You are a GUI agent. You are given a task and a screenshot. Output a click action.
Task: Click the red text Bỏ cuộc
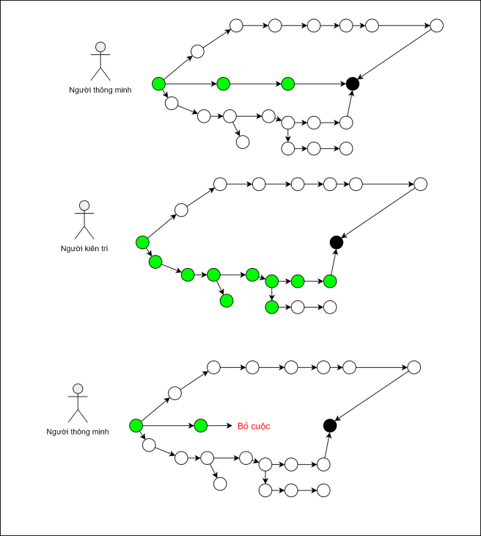pos(254,425)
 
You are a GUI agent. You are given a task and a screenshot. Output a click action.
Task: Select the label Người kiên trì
pos(84,249)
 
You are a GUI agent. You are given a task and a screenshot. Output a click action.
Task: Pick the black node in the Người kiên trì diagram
pos(336,242)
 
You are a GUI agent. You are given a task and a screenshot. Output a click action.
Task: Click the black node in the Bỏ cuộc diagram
pos(330,425)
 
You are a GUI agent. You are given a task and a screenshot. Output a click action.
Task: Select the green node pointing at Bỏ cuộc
pos(201,425)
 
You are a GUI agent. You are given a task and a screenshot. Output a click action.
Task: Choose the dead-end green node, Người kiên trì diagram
pos(227,300)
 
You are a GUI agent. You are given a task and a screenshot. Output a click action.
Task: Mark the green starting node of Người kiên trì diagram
pos(142,242)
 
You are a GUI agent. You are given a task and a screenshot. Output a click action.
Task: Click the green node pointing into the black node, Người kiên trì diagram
pos(330,280)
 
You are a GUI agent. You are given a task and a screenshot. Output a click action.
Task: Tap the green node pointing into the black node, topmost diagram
pos(287,84)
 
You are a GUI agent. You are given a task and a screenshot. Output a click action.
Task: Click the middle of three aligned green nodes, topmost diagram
pos(223,84)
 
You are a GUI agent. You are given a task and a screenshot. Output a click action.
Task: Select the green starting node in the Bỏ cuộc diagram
pos(136,425)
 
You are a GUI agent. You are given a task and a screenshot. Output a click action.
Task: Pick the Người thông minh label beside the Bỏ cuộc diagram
pos(78,432)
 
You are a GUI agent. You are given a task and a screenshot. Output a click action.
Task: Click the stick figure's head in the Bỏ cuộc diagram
pos(78,389)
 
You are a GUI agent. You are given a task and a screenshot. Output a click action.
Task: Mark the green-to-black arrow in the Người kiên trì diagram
pos(333,262)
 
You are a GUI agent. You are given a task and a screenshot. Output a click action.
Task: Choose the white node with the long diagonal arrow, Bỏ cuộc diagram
pos(414,367)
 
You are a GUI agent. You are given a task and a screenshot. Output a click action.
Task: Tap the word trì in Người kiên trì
pos(103,249)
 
